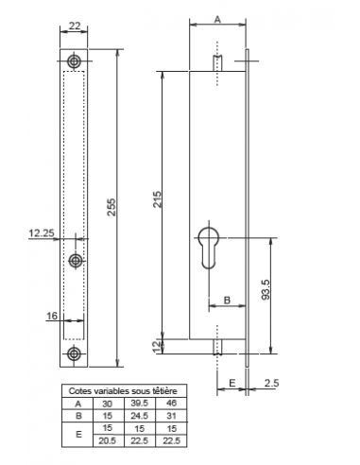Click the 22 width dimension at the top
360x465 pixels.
click(75, 26)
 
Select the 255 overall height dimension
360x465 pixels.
click(111, 207)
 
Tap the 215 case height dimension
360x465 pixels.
click(157, 199)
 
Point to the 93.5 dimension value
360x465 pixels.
click(266, 290)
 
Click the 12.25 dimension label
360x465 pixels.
click(42, 233)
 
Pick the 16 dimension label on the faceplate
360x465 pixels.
click(52, 316)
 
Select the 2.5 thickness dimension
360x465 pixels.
click(271, 383)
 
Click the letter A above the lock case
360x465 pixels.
click(217, 20)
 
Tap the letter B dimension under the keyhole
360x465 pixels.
click(227, 301)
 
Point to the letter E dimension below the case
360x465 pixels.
click(232, 383)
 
